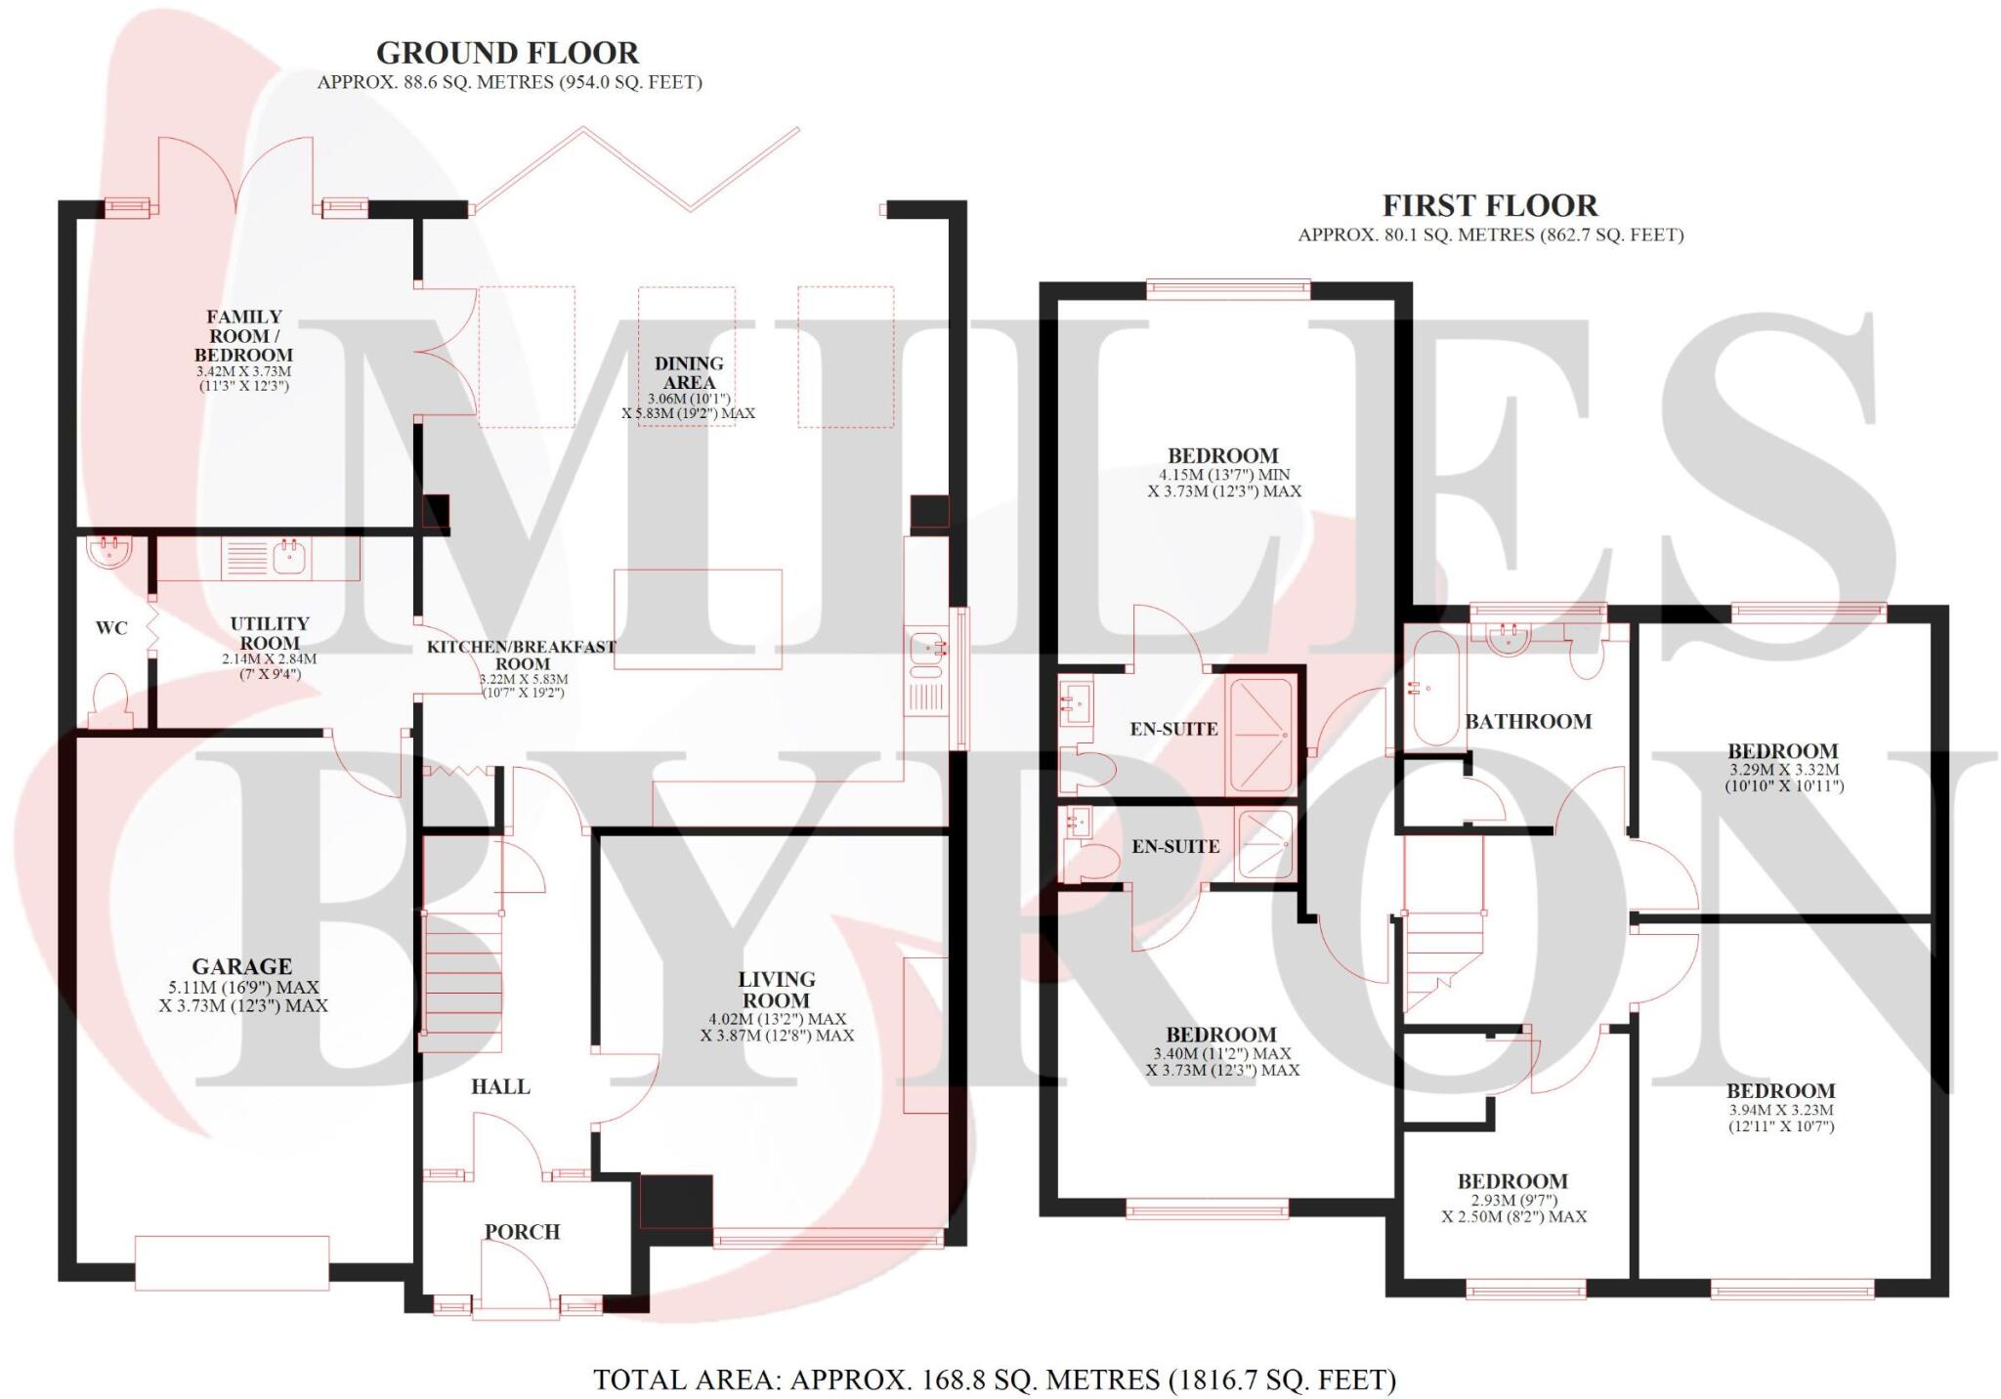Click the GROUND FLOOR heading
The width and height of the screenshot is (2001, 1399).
[507, 53]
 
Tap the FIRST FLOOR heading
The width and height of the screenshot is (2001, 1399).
[1489, 206]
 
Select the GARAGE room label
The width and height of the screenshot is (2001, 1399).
[241, 967]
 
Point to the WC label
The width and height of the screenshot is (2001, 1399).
[111, 628]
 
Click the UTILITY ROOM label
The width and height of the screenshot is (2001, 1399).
[270, 633]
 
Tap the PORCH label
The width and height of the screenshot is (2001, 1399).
[522, 1232]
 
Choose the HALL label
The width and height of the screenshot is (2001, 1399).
[500, 1086]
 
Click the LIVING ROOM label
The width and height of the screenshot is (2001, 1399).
[776, 990]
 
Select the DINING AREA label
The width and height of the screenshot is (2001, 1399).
[689, 372]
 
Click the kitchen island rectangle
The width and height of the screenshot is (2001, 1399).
[698, 619]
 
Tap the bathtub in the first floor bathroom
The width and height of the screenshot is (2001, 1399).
[1434, 688]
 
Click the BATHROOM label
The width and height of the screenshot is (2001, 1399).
[1528, 722]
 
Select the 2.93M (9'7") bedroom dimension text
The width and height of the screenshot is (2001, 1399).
[1512, 1200]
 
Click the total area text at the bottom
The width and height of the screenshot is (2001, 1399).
[995, 1379]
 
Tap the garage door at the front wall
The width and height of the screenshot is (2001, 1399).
[232, 1262]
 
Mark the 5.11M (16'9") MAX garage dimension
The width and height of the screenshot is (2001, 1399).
[242, 988]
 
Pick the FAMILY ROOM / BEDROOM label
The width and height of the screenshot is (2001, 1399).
[243, 335]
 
